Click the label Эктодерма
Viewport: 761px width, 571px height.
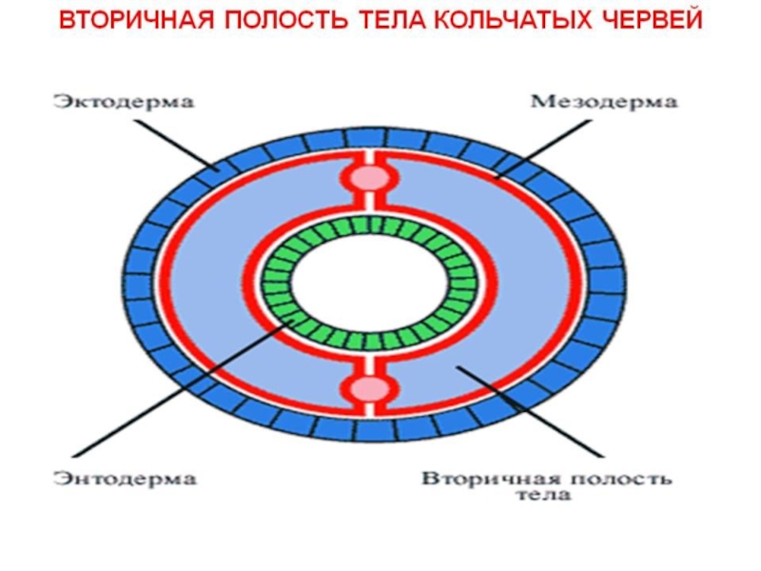coord(124,102)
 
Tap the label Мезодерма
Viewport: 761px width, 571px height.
coord(604,102)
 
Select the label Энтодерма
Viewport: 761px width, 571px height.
coord(126,479)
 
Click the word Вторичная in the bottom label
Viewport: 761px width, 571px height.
coord(491,479)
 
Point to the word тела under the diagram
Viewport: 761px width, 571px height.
coord(543,495)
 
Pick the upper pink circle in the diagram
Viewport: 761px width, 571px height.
coord(371,178)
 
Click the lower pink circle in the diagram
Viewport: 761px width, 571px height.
coord(370,389)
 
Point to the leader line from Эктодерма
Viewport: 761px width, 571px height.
coord(176,145)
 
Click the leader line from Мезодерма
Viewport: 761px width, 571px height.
coord(544,149)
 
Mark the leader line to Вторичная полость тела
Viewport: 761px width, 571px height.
coord(530,411)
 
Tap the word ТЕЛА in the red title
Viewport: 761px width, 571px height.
coord(390,20)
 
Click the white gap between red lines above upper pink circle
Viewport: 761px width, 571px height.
coord(370,157)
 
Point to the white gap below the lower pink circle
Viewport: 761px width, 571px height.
coord(370,409)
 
